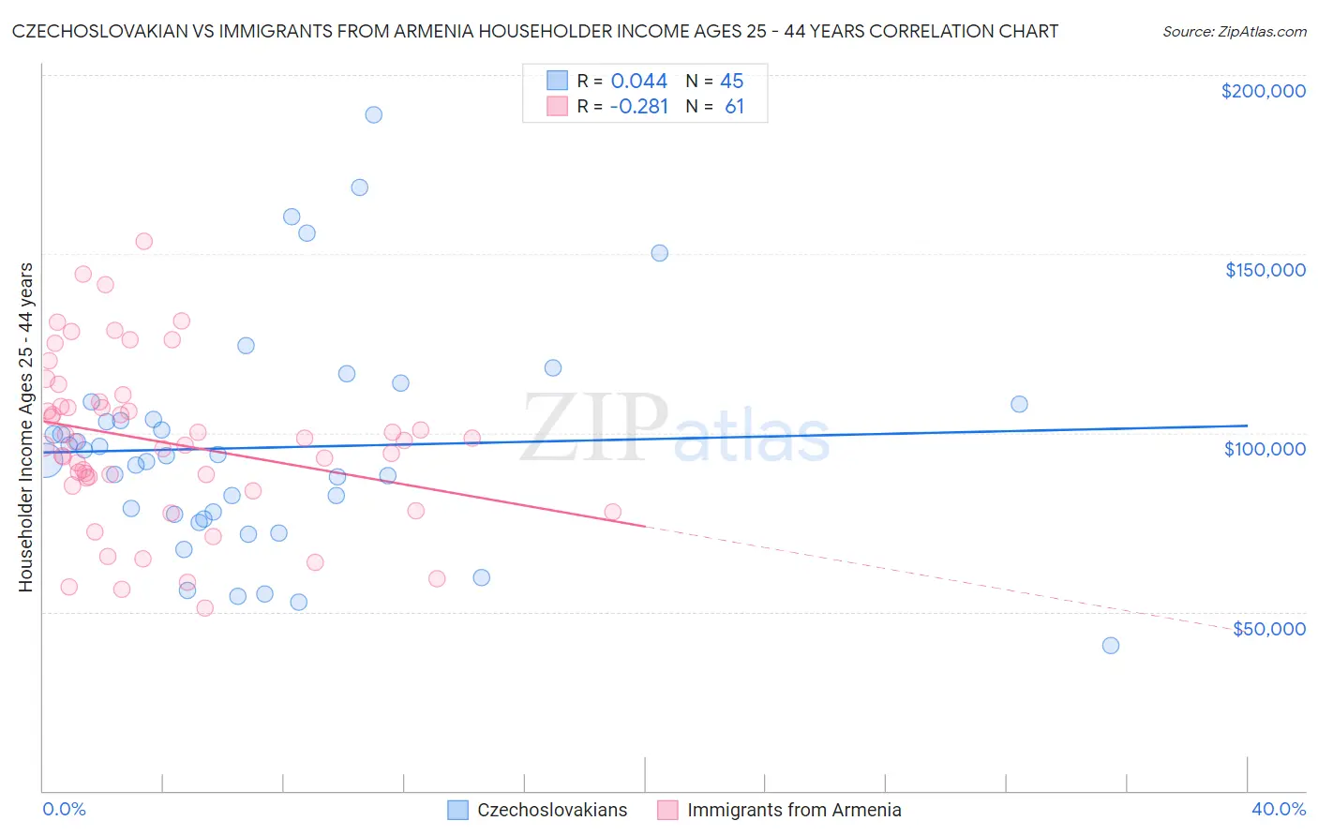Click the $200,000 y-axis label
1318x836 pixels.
pos(1263,91)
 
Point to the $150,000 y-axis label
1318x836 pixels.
pos(1265,270)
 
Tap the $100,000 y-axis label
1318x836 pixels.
pos(1265,449)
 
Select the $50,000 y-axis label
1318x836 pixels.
pos(1268,628)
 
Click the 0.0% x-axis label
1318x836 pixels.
pos(64,809)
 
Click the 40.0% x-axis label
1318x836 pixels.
pos(1278,809)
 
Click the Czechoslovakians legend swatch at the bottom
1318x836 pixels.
pos(457,810)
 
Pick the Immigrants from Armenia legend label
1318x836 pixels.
pos(794,810)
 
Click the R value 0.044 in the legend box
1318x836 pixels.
pos(639,82)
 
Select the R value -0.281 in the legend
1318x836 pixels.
pos(638,107)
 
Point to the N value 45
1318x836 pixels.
pos(731,82)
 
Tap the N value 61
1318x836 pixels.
pos(734,107)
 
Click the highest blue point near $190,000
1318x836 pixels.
pos(373,114)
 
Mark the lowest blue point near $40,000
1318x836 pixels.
pos(1111,645)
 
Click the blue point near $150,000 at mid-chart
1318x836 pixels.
pos(659,253)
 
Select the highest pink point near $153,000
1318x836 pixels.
pos(143,241)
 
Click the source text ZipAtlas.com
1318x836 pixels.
pos(1234,32)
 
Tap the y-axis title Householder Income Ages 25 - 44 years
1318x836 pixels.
pos(25,427)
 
